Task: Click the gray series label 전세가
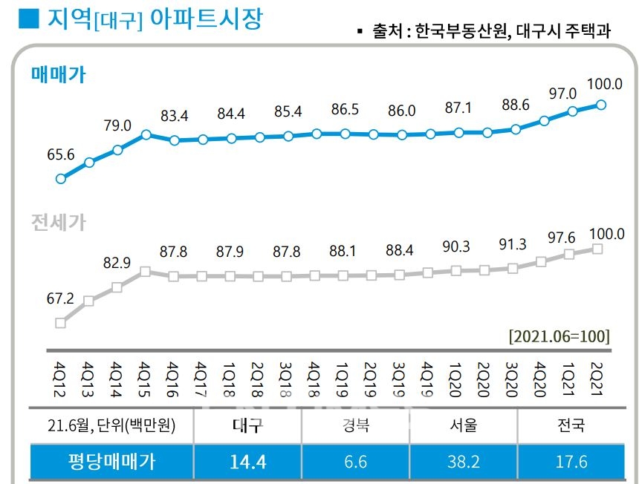pyautogui.click(x=59, y=222)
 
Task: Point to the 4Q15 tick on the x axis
pyautogui.click(x=145, y=374)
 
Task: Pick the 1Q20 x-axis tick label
pyautogui.click(x=457, y=374)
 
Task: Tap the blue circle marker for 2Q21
pyautogui.click(x=600, y=105)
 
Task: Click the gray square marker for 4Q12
pyautogui.click(x=61, y=322)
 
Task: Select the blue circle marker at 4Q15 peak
pyautogui.click(x=146, y=134)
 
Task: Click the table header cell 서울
pyautogui.click(x=464, y=425)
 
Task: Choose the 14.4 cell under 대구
pyautogui.click(x=247, y=462)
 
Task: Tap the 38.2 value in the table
pyautogui.click(x=464, y=462)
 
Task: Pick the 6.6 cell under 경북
pyautogui.click(x=356, y=462)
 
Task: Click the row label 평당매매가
pyautogui.click(x=111, y=462)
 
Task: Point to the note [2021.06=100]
pyautogui.click(x=559, y=336)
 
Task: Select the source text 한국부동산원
pyautogui.click(x=460, y=31)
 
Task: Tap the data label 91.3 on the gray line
pyautogui.click(x=513, y=245)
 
